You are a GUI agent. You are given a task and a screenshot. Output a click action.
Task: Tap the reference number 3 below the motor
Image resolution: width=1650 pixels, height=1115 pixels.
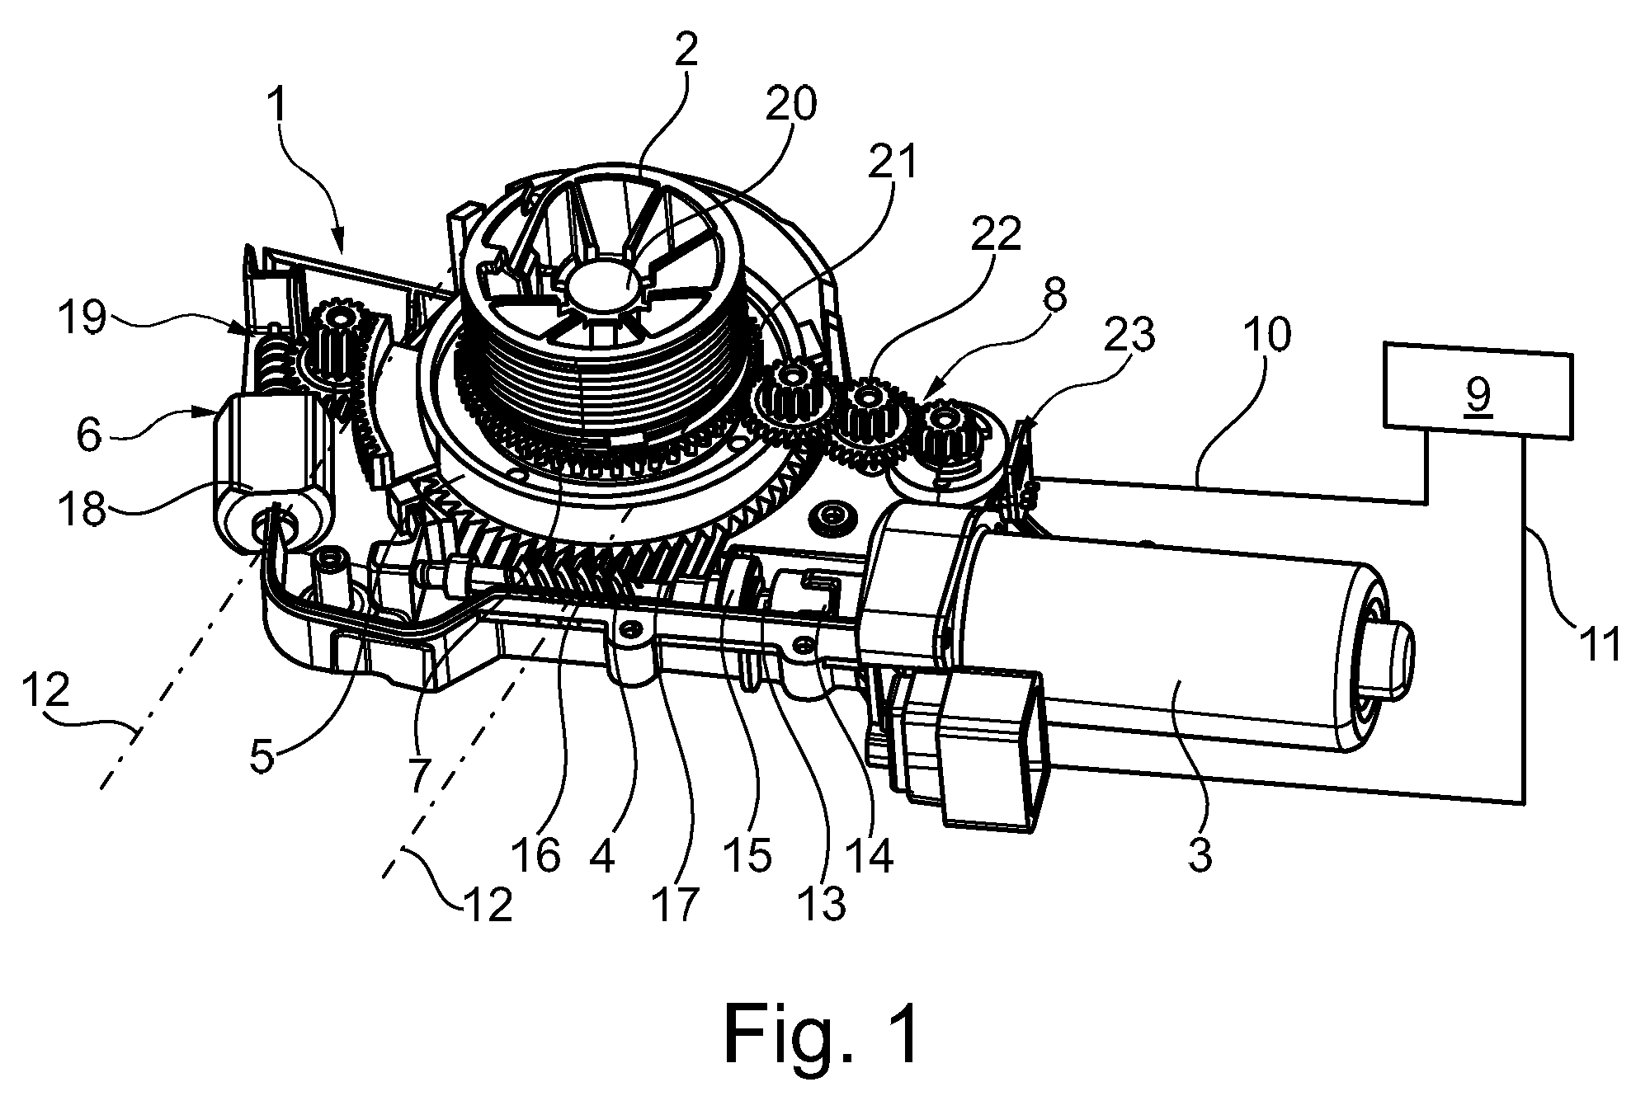(1200, 856)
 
